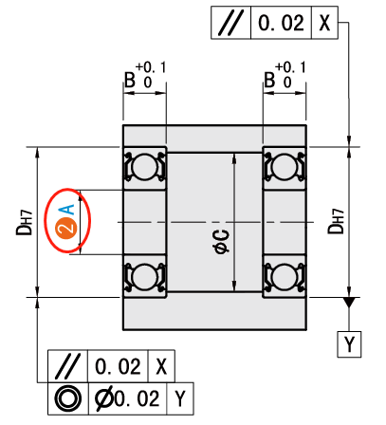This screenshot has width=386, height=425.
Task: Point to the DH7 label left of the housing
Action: point(25,222)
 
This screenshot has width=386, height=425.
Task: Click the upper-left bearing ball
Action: point(145,167)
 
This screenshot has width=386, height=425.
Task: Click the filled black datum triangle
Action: point(350,302)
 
